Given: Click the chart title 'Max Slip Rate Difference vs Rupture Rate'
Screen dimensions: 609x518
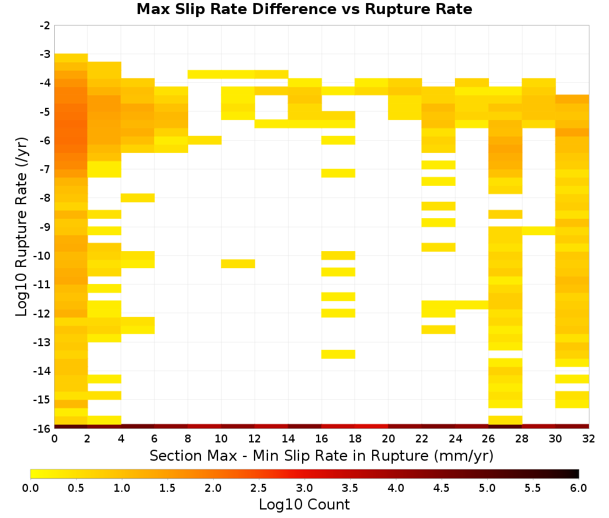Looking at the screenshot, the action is point(304,9).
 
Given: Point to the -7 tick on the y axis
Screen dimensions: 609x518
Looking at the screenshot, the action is point(45,169).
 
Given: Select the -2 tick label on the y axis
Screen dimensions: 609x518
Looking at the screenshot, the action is point(45,26).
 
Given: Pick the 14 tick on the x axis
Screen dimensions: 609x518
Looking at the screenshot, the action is point(288,439).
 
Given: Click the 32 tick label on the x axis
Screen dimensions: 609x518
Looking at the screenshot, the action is point(589,439).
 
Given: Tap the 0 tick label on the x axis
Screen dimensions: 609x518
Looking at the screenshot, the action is point(54,439).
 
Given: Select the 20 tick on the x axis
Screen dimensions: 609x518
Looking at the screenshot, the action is point(389,439).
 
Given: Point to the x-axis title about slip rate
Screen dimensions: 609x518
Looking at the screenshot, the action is point(322,455).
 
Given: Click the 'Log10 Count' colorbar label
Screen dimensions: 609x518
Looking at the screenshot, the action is point(304,505).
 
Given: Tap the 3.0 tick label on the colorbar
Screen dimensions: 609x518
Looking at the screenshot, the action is point(304,488).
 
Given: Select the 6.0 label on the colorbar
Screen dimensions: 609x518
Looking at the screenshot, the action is point(579,488).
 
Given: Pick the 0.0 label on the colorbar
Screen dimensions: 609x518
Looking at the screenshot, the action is point(30,488).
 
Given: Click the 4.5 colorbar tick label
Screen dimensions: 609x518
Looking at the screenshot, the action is point(442,488).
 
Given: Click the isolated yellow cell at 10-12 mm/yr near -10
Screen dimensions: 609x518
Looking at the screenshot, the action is point(238,264).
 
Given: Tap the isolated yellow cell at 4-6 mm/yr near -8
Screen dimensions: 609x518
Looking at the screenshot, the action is point(138,198).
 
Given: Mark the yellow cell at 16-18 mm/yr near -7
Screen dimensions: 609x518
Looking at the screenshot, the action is point(338,173).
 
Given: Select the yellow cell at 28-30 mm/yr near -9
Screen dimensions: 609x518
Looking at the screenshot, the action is point(539,231).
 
